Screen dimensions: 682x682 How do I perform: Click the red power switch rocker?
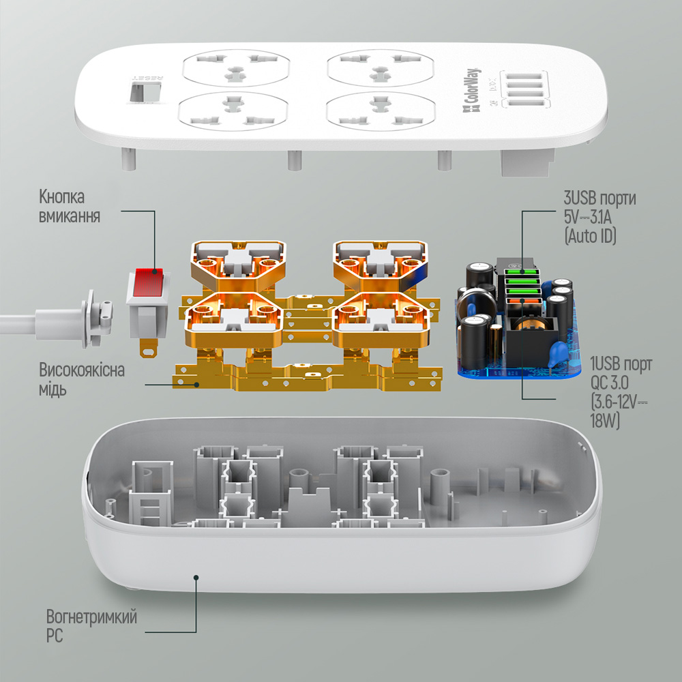(148, 283)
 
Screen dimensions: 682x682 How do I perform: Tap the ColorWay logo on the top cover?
(471, 92)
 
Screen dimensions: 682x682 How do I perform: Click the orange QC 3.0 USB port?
(522, 301)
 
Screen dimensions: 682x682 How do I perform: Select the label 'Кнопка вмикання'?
(70, 206)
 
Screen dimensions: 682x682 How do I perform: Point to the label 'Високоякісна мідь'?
(82, 379)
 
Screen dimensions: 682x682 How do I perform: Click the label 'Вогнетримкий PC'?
(91, 625)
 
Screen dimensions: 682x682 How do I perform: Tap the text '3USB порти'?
(599, 198)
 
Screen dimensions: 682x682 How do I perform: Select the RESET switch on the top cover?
(145, 92)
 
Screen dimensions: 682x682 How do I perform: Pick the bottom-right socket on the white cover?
(381, 111)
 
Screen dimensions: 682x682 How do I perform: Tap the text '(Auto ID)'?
(590, 236)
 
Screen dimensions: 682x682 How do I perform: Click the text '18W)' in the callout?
(604, 421)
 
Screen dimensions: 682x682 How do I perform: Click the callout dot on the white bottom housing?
(196, 578)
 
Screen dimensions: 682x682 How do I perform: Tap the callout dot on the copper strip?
(197, 385)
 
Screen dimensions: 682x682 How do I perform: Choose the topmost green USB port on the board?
(522, 273)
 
